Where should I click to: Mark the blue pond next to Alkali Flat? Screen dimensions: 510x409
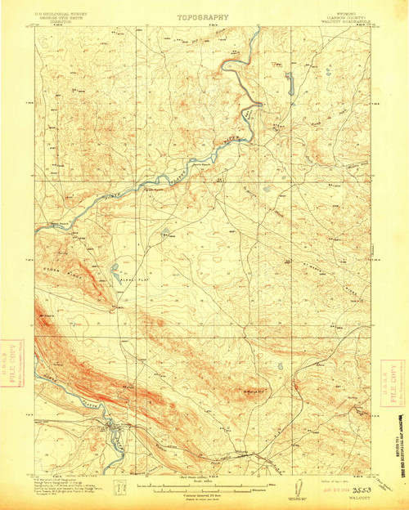click(x=115, y=267)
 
